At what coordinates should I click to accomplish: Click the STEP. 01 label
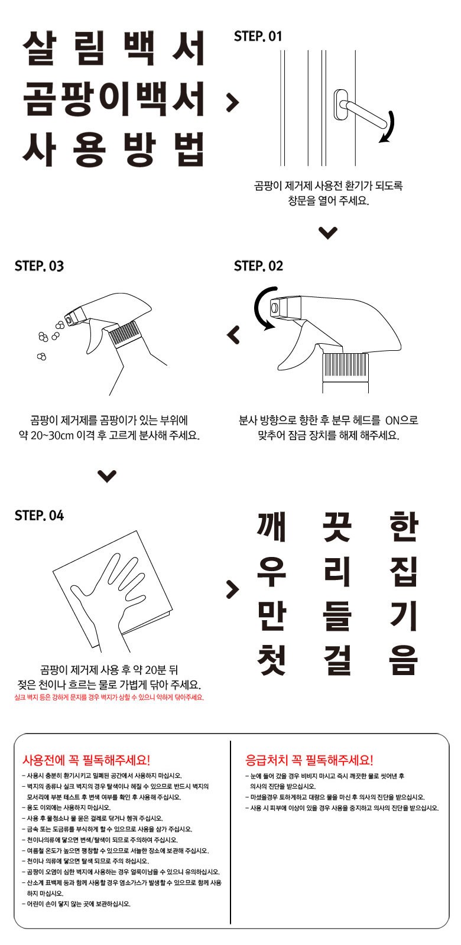[258, 36]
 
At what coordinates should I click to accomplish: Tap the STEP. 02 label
[258, 266]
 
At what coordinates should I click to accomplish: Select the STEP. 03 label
[39, 266]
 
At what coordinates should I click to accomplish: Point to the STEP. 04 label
[39, 516]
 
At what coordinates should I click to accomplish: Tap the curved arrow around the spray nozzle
[262, 308]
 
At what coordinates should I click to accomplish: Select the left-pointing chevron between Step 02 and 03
[234, 335]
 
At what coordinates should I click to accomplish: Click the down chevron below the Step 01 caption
[327, 233]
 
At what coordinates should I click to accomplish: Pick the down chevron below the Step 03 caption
[107, 476]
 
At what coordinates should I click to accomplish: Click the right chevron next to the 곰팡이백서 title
[233, 102]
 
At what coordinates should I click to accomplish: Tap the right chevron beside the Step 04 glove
[233, 589]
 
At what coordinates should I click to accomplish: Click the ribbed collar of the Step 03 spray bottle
[124, 334]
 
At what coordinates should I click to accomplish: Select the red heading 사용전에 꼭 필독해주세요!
[86, 760]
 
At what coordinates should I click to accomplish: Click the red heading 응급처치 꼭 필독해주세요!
[309, 760]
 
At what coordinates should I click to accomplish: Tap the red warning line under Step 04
[109, 698]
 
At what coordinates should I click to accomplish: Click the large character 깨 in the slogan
[272, 527]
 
